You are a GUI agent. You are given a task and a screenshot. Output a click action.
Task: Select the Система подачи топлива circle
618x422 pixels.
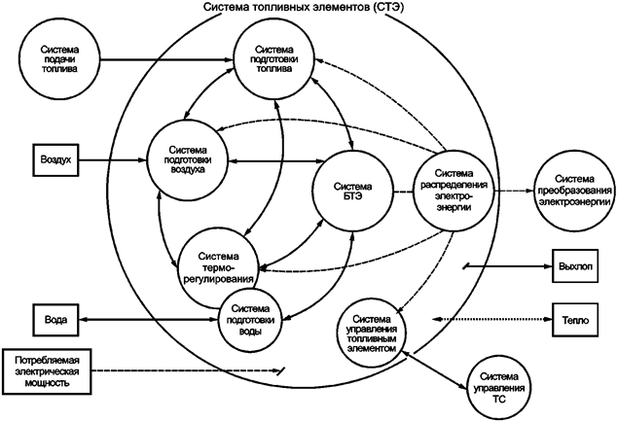tap(60, 58)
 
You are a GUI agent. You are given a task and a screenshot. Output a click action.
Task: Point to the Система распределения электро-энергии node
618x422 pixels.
tap(454, 188)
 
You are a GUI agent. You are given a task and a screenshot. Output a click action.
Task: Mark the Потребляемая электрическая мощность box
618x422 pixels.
tap(48, 369)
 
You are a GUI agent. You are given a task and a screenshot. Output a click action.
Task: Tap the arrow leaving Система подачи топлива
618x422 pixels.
tap(165, 59)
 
